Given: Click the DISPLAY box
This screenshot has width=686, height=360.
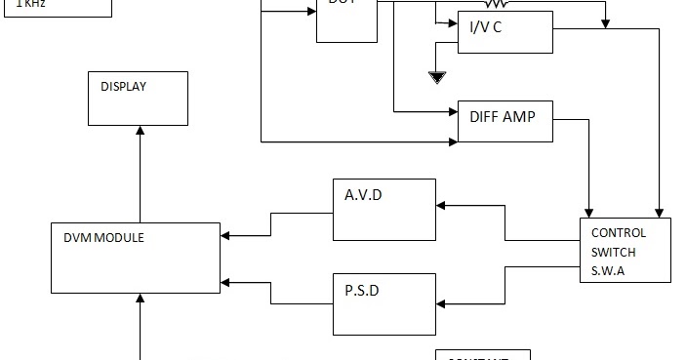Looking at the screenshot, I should tap(138, 98).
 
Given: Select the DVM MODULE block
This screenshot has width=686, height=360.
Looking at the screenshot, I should tap(136, 258).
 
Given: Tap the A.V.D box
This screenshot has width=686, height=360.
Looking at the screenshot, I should tap(384, 209).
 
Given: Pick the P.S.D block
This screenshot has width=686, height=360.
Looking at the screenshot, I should tap(384, 304).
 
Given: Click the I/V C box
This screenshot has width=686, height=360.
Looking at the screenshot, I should tap(504, 32).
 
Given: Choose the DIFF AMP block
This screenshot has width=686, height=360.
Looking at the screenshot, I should tap(504, 121).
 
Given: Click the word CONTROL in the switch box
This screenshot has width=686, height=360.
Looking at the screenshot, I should tap(618, 233).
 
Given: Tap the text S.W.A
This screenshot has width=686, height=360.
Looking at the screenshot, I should tap(608, 270).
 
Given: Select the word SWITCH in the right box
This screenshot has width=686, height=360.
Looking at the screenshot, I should tap(613, 252).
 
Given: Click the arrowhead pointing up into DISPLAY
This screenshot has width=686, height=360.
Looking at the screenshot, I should tap(139, 131).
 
